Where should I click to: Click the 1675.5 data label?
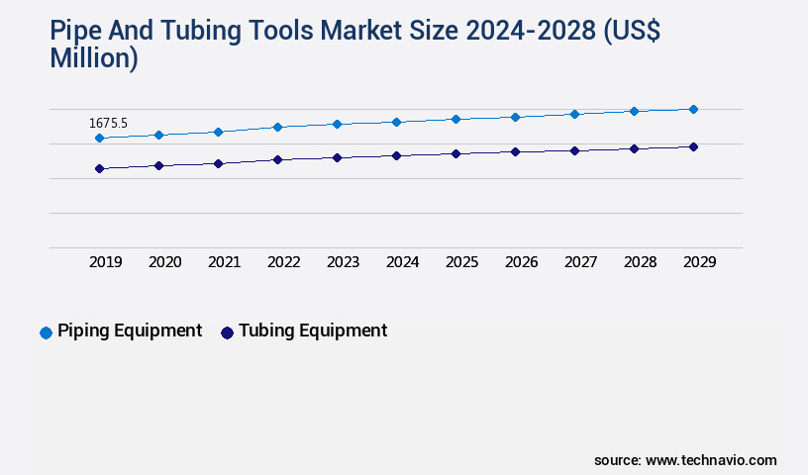pyautogui.click(x=108, y=124)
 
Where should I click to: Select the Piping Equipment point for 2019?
pyautogui.click(x=99, y=139)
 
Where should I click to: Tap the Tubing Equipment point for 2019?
pyautogui.click(x=99, y=169)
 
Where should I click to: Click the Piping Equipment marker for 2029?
pyautogui.click(x=693, y=109)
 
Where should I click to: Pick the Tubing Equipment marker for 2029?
pyautogui.click(x=693, y=146)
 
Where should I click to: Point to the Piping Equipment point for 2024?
pyautogui.click(x=396, y=122)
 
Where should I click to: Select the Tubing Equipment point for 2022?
pyautogui.click(x=277, y=159)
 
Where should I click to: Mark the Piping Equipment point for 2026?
pyautogui.click(x=515, y=117)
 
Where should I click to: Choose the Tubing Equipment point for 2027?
pyautogui.click(x=574, y=150)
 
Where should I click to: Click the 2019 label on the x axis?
pyautogui.click(x=106, y=262)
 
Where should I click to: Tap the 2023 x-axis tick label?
pyautogui.click(x=344, y=262)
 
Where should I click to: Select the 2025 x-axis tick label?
pyautogui.click(x=462, y=262)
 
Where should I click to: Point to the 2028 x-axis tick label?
pyautogui.click(x=641, y=262)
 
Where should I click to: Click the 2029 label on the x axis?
pyautogui.click(x=699, y=262)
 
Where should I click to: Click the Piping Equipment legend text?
pyautogui.click(x=130, y=332)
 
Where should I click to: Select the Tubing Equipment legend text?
pyautogui.click(x=313, y=332)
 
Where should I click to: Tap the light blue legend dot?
pyautogui.click(x=46, y=332)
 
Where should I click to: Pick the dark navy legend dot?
pyautogui.click(x=227, y=332)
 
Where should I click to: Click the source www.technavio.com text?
pyautogui.click(x=685, y=460)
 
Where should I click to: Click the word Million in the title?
pyautogui.click(x=94, y=59)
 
